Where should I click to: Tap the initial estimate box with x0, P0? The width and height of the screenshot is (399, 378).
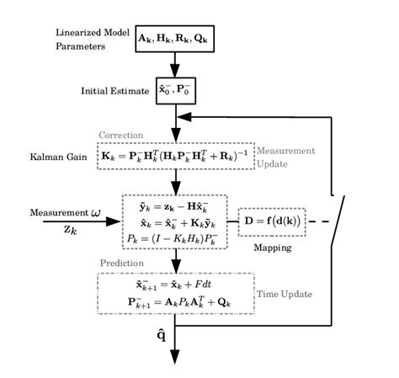[176, 90]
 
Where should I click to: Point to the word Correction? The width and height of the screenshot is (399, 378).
[121, 136]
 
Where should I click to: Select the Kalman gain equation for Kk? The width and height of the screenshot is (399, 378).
[176, 157]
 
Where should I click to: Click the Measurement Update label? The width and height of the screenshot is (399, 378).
[284, 156]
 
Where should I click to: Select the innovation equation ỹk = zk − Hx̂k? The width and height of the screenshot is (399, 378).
[175, 206]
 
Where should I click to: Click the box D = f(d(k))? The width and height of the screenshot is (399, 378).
[272, 222]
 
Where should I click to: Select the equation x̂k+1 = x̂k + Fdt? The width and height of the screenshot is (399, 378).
[174, 285]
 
